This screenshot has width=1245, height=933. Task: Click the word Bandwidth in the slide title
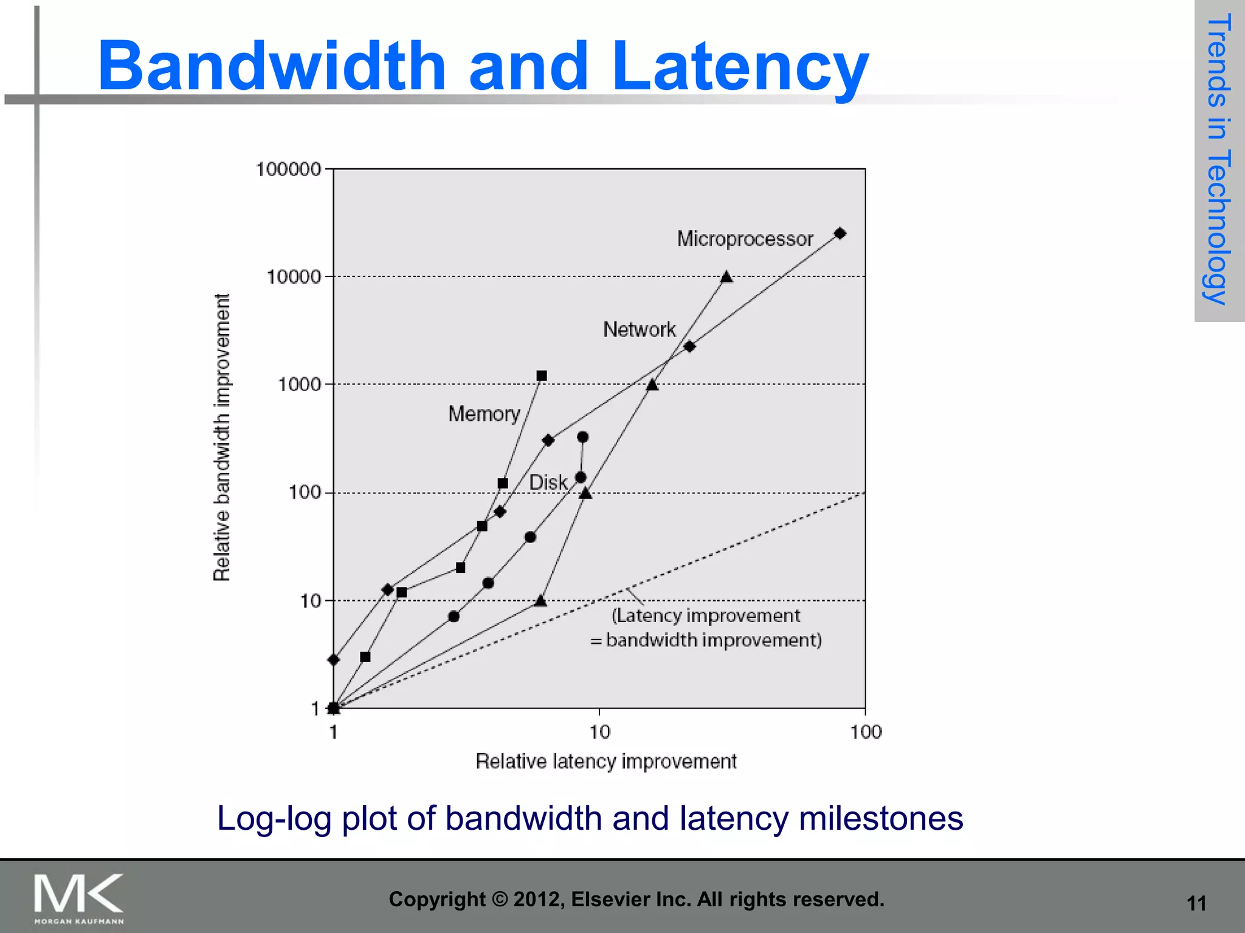click(x=272, y=66)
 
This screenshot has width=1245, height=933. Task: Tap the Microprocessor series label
click(x=745, y=239)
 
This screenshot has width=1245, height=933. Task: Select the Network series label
click(x=639, y=329)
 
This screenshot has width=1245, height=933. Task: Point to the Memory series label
click(x=484, y=414)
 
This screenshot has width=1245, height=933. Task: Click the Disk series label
click(x=548, y=482)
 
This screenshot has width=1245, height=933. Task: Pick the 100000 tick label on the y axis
click(x=288, y=169)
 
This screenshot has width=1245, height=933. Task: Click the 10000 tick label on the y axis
click(x=294, y=277)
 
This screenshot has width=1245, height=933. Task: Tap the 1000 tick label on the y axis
click(x=299, y=384)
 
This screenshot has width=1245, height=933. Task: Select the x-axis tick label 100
click(x=866, y=732)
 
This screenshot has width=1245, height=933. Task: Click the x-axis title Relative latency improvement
click(x=605, y=761)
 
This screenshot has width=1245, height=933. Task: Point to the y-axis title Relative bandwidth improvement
click(x=222, y=437)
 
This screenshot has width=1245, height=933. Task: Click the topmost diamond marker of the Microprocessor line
click(x=840, y=233)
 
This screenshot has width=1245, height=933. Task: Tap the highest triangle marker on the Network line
click(x=726, y=277)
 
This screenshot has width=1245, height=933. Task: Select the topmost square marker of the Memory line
click(x=542, y=376)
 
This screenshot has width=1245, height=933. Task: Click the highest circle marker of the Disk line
click(x=582, y=437)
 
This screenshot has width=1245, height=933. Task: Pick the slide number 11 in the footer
click(x=1196, y=904)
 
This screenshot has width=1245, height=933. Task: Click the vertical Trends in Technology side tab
click(x=1219, y=159)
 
